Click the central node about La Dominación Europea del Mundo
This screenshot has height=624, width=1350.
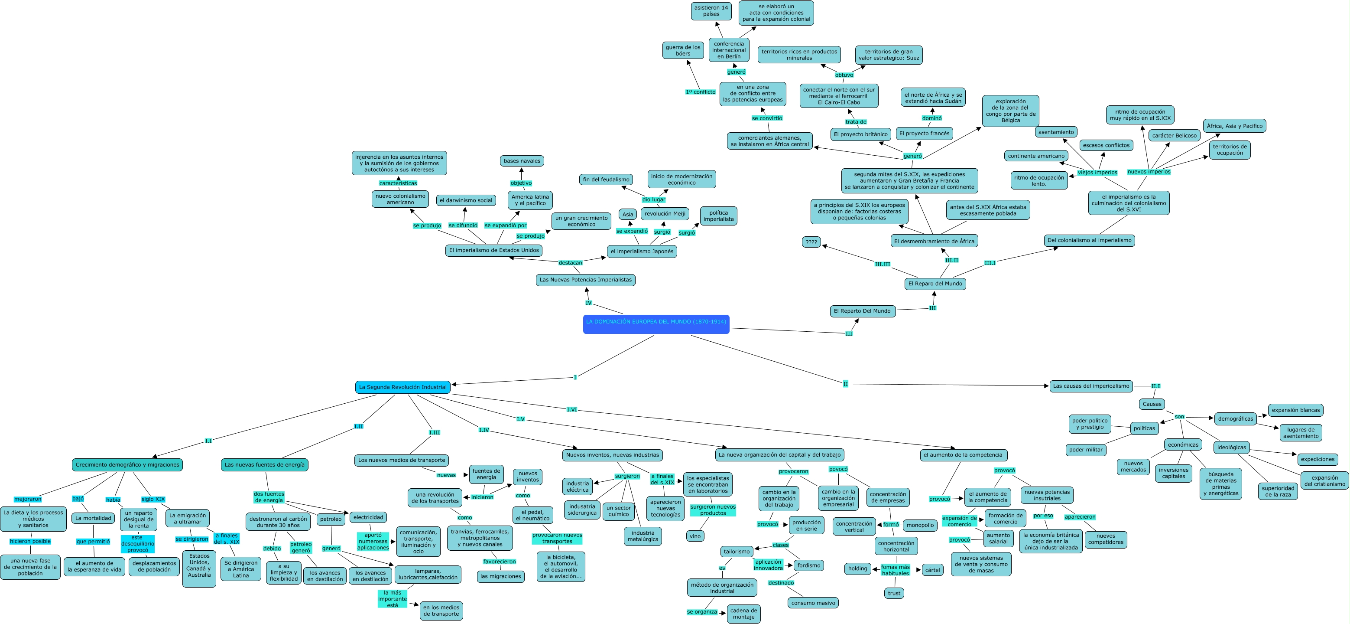[x=656, y=324]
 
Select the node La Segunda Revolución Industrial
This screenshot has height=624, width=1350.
[x=402, y=387]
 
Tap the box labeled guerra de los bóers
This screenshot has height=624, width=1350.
[x=683, y=50]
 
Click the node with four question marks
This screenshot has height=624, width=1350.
[x=811, y=242]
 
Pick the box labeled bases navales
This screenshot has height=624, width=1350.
[x=522, y=161]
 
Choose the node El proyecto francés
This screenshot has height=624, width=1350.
[x=924, y=134]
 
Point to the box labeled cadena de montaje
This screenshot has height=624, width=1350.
[x=743, y=614]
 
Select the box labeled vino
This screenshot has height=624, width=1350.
[x=695, y=536]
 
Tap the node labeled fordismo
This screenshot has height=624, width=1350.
[x=808, y=565]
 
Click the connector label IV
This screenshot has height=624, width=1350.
[x=588, y=303]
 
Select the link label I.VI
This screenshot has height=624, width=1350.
[x=572, y=409]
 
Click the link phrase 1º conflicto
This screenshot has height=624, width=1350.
[x=700, y=92]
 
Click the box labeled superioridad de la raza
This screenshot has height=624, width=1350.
[x=1278, y=491]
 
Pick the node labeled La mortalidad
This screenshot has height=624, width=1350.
[x=93, y=518]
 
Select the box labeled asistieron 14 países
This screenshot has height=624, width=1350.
[x=711, y=11]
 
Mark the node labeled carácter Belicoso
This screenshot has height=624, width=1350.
[x=1175, y=135]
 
